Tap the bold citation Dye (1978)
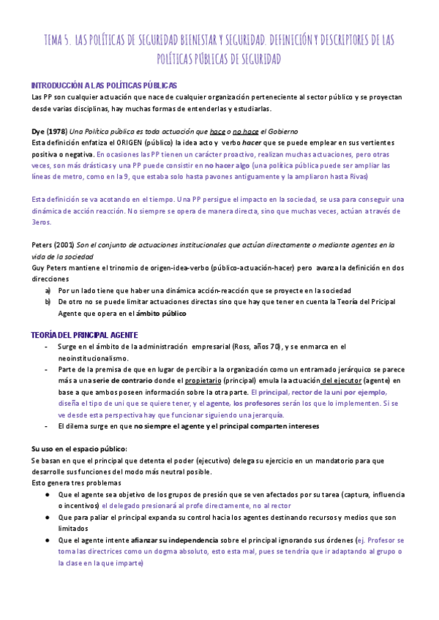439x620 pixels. pos(49,131)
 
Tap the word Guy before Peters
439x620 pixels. pos(38,268)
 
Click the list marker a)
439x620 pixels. pos(48,290)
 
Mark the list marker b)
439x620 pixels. pos(48,302)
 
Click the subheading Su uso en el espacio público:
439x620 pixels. pos(79,448)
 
